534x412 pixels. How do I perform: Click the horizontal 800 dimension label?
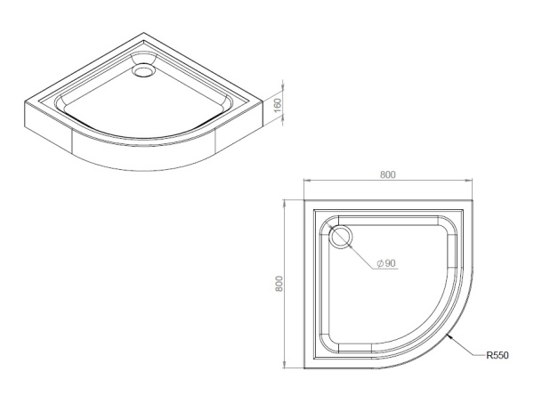tap(387, 174)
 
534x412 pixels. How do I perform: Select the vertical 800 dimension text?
tap(279, 284)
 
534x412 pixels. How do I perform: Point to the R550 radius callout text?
tap(497, 356)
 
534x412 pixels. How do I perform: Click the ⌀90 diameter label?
tap(387, 264)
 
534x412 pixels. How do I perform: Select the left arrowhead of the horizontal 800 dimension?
tap(305, 183)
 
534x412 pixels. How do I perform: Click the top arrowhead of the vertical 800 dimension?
tap(286, 203)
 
